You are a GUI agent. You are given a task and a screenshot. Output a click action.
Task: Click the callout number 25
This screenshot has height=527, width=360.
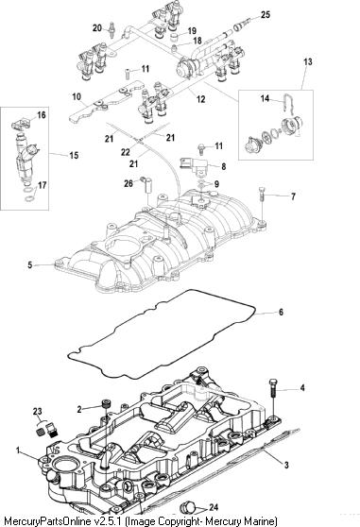pos(266,15)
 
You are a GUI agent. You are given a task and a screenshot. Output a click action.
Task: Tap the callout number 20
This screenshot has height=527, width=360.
pos(97,28)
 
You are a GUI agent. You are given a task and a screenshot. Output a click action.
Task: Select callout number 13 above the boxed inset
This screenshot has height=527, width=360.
pos(308,61)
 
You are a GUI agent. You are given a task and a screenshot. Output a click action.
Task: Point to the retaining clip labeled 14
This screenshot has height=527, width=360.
pos(288,103)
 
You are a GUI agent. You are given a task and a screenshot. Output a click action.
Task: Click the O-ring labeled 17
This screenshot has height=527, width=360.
pos(30,195)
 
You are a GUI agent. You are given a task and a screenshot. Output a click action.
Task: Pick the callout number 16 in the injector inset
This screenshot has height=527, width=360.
pos(42,115)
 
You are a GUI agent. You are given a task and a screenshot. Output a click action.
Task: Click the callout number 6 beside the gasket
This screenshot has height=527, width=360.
pos(281,313)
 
